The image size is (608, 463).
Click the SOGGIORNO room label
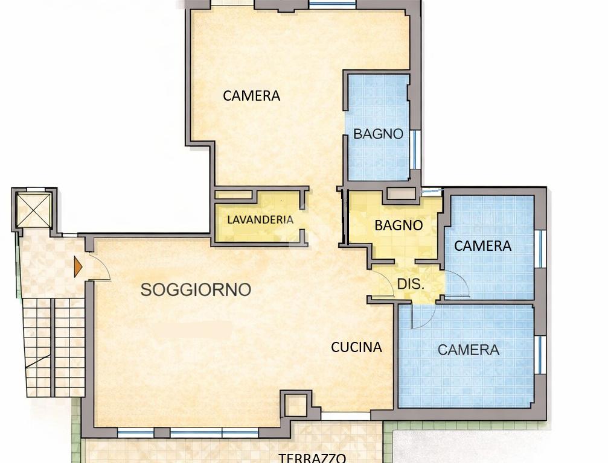[196, 289]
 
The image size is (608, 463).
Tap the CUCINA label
[356, 347]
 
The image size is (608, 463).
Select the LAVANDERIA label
[260, 220]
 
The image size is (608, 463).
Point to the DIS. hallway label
[411, 284]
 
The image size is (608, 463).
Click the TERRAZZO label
[312, 458]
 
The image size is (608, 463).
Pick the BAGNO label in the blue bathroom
[378, 134]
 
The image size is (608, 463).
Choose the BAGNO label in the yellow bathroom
[398, 225]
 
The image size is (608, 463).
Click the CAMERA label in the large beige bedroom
[251, 96]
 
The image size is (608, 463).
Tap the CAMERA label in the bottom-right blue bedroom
[469, 350]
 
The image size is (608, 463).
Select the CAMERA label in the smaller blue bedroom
[483, 246]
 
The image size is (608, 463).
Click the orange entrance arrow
[78, 266]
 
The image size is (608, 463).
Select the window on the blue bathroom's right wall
[415, 150]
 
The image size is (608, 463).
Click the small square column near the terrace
[296, 404]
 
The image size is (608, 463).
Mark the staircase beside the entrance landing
[54, 347]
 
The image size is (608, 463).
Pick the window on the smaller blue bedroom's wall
[540, 249]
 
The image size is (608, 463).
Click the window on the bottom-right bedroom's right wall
[540, 354]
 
